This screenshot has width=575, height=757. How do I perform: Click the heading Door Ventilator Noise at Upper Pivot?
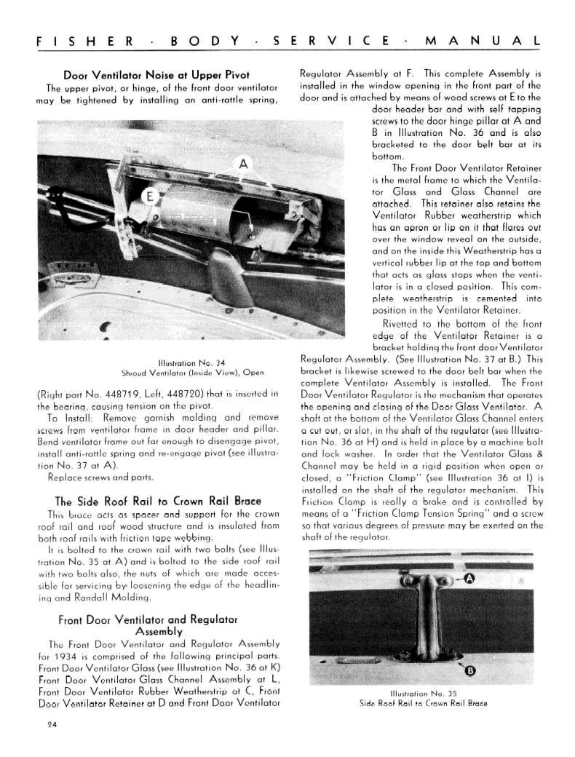pyautogui.click(x=156, y=75)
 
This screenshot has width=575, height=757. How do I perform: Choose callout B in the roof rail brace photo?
pyautogui.click(x=470, y=671)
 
